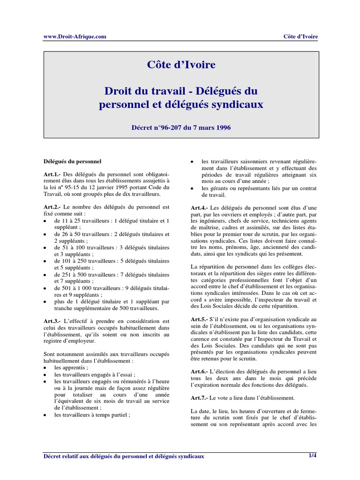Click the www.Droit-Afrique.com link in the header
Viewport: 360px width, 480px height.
coord(75,37)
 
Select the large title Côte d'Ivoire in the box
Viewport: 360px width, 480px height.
coord(181,65)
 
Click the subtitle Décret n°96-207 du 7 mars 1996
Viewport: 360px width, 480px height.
coord(181,127)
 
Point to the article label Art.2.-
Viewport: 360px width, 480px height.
coord(52,207)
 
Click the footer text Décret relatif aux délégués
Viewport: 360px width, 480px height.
coord(124,455)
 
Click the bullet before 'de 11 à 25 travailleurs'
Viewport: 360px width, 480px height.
coord(45,221)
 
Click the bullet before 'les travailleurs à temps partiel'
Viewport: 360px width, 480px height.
coord(45,415)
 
